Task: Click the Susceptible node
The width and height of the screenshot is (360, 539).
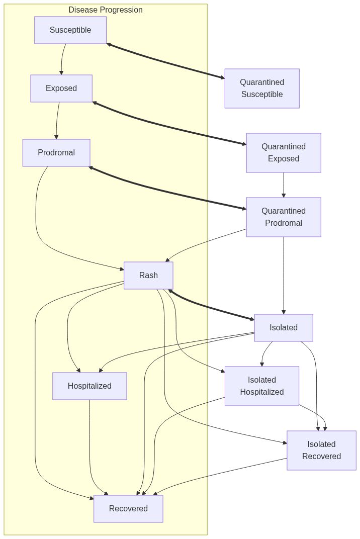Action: click(70, 30)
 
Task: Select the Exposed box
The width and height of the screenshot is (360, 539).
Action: click(61, 88)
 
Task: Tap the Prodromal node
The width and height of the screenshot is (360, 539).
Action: click(56, 153)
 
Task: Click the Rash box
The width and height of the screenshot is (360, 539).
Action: click(148, 276)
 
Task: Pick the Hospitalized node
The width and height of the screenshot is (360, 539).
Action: click(89, 386)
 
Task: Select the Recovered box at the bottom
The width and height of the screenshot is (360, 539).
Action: click(128, 509)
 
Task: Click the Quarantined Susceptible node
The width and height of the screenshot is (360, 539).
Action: click(261, 88)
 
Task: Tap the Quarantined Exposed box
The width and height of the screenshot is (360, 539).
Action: click(283, 153)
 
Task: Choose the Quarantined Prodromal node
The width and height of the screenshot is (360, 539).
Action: click(283, 217)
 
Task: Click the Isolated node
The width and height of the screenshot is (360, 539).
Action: click(283, 328)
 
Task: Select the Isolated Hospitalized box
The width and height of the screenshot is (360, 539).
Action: click(261, 386)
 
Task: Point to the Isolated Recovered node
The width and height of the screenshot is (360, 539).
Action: click(321, 451)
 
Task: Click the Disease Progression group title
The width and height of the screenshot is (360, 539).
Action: click(106, 10)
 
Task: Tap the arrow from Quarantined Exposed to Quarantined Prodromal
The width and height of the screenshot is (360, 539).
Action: click(284, 185)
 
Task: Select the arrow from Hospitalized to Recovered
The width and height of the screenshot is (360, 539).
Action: click(91, 447)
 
